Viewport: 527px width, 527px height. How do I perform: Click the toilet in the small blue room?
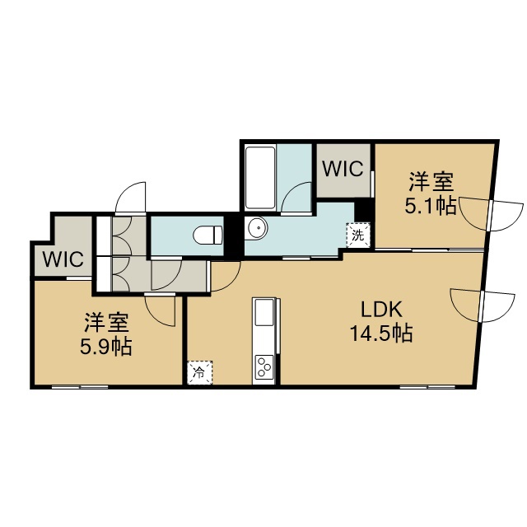point(208,235)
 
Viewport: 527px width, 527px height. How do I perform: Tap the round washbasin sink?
point(257,228)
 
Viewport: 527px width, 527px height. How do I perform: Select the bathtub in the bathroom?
point(260,178)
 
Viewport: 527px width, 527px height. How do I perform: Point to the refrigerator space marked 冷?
point(200,372)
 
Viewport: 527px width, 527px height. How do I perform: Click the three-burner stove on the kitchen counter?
point(264,366)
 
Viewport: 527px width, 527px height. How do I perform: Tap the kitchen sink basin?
point(264,313)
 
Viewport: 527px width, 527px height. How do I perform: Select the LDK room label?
point(381,310)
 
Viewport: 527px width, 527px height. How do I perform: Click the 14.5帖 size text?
point(381,333)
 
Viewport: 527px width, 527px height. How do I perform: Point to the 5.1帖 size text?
point(431,206)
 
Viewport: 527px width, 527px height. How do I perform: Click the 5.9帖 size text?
point(105,347)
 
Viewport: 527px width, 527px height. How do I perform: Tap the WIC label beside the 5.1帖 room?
point(343,168)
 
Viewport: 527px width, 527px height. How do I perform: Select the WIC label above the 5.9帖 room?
point(63,259)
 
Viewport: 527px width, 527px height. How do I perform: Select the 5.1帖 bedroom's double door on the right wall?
point(491,215)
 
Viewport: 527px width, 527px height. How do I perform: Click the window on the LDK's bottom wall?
point(427,387)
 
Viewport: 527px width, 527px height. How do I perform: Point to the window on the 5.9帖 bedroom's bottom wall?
point(80,387)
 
